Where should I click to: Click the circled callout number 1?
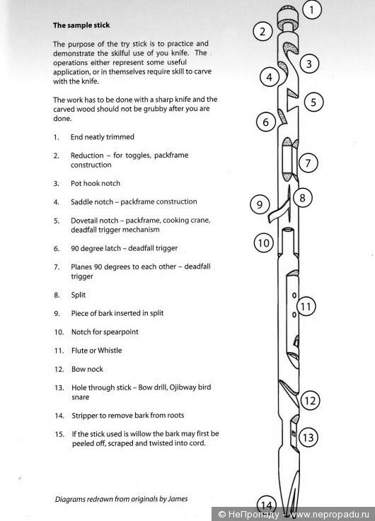point(312,10)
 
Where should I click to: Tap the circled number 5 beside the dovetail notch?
point(313,102)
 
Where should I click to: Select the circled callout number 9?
point(260,204)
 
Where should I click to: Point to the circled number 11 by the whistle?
point(306,307)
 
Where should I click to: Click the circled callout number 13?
point(308,438)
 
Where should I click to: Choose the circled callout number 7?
point(308,163)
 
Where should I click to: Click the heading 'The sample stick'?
point(81,25)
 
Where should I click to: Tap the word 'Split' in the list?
point(79,295)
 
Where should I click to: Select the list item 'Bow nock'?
point(87,369)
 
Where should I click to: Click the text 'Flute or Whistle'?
point(97,351)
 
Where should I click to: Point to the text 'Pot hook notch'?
point(96,183)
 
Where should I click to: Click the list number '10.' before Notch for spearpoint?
point(59,332)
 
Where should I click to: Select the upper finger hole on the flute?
point(294,295)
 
